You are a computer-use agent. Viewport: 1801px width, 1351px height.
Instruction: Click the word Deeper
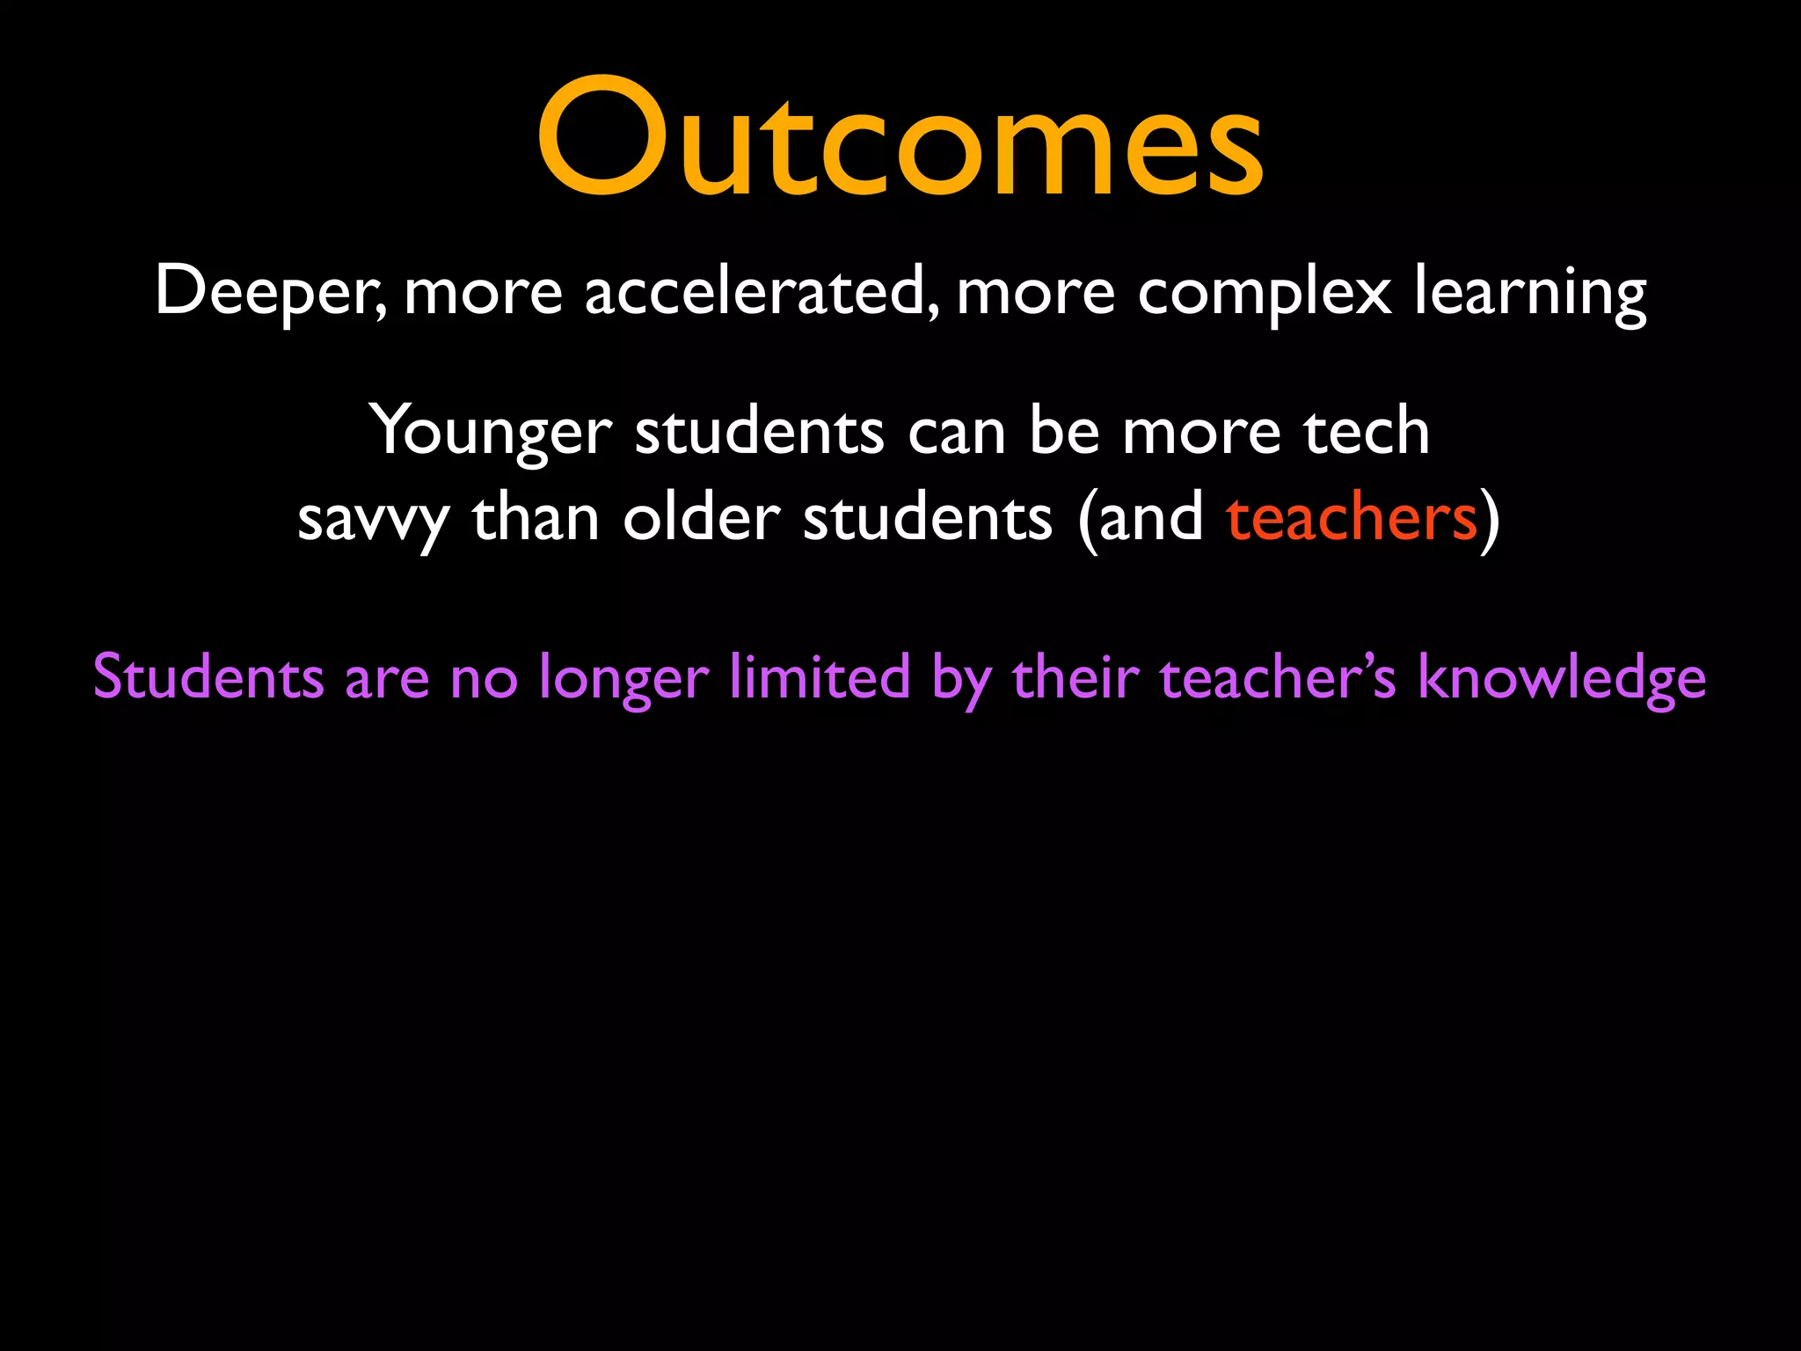point(268,292)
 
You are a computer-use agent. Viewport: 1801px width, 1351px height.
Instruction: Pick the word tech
point(1365,431)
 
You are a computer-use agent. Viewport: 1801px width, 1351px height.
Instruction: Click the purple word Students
point(208,677)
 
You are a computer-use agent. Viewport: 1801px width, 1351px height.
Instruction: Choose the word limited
point(820,677)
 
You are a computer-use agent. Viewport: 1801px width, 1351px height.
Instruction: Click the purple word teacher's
point(1277,677)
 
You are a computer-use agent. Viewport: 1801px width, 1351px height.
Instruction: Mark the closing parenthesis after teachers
point(1490,519)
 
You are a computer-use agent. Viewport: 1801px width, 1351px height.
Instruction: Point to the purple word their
point(1075,677)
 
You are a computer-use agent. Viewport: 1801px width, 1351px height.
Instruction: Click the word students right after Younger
point(759,431)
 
